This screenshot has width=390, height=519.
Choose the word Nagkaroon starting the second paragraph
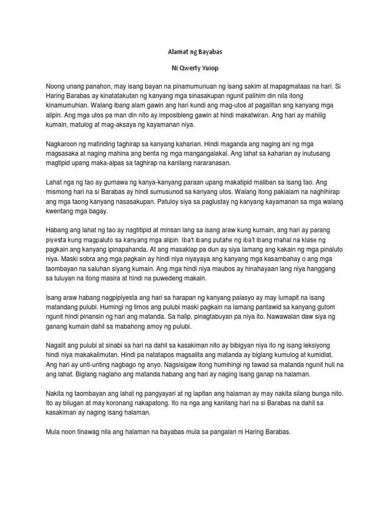pyautogui.click(x=63, y=145)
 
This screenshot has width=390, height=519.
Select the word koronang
pyautogui.click(x=123, y=403)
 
